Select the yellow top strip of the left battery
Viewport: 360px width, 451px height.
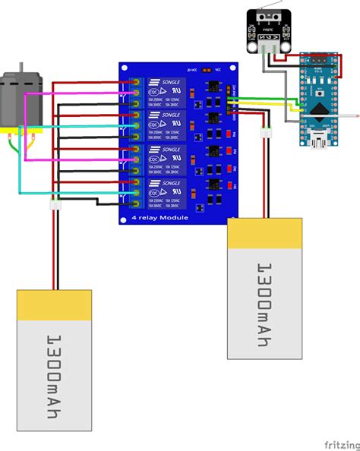[55, 304]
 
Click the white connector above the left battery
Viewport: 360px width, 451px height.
[54, 207]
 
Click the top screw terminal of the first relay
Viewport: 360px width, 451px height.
[135, 82]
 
